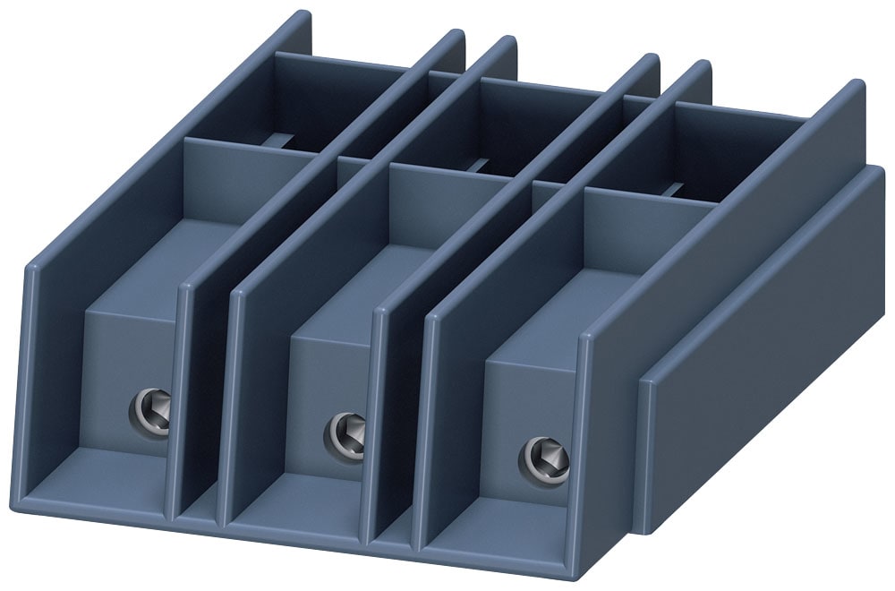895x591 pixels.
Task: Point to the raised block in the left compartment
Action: click(x=125, y=376)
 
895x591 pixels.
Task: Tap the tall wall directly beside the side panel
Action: click(x=609, y=421)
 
